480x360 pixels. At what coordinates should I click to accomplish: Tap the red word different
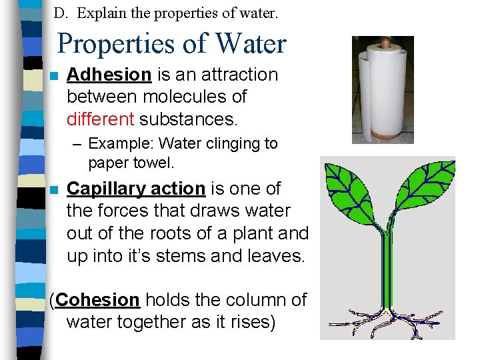point(100,119)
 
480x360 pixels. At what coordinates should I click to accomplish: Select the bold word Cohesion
point(98,300)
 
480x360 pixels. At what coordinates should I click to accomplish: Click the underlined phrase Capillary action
point(136,189)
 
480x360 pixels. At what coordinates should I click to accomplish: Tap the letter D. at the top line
point(60,13)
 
